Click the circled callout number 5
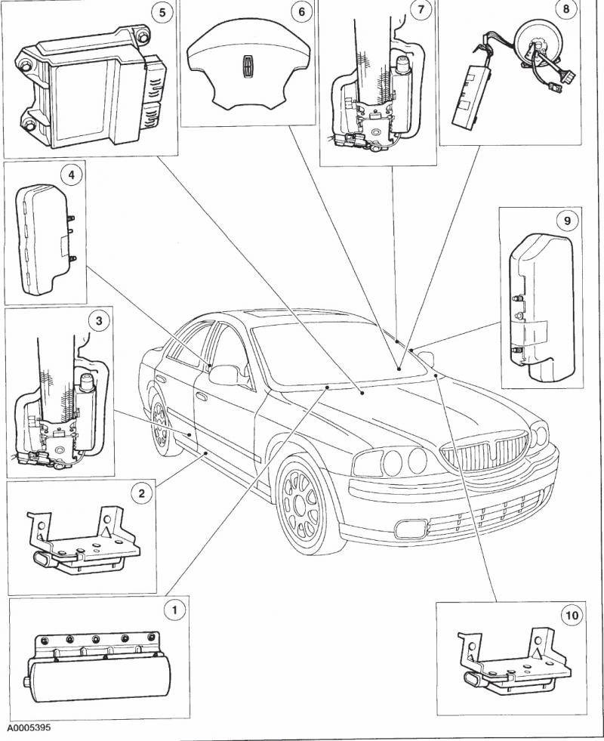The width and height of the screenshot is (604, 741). [159, 12]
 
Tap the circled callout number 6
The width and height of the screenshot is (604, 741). [301, 12]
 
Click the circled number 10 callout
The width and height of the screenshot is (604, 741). [572, 615]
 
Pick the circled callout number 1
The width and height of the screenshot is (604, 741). [174, 609]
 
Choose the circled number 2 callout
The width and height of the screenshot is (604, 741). [140, 493]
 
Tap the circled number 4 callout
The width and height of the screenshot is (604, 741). [70, 175]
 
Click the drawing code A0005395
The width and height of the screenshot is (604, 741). [30, 730]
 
